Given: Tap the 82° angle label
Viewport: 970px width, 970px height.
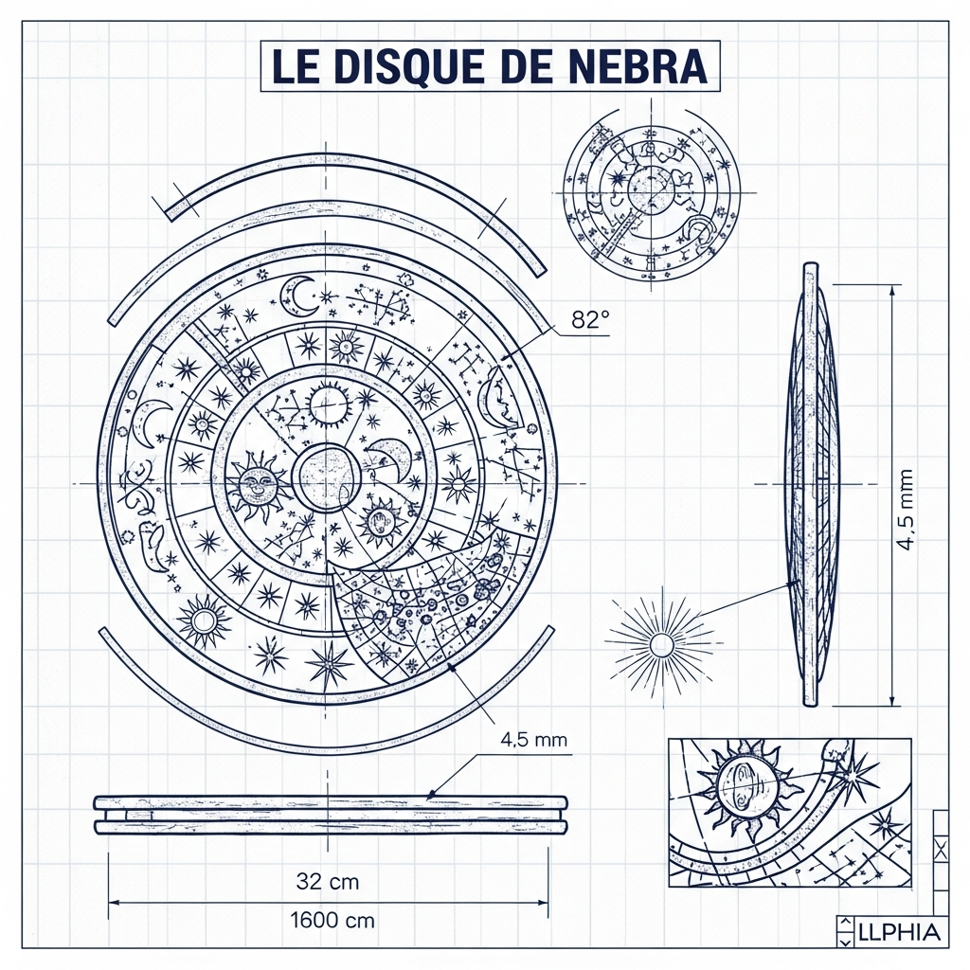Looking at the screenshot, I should [x=589, y=320].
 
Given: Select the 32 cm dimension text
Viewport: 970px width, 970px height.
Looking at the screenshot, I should [x=328, y=881].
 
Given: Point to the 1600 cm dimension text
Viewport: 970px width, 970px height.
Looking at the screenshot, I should [x=332, y=919].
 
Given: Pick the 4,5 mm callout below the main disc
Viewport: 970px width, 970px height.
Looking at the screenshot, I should [x=531, y=740].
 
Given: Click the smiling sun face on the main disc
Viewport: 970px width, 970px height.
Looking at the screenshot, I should [x=256, y=485].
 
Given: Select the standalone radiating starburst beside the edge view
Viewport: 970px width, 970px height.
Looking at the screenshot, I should [x=660, y=645].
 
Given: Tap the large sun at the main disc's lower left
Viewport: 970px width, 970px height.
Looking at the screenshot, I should [x=204, y=622].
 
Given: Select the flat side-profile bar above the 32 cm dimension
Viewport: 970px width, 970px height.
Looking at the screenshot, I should [x=330, y=815].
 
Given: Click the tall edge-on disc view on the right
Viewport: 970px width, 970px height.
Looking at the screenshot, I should [x=812, y=483].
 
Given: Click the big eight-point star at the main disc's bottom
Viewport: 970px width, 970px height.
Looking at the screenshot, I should [x=329, y=662].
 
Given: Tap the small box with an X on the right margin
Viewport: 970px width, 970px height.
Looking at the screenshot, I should [x=940, y=848].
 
